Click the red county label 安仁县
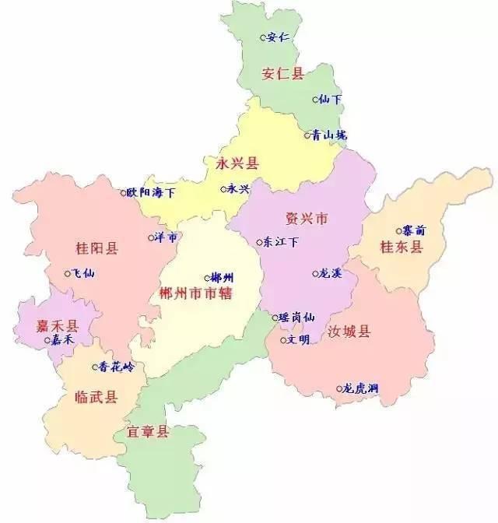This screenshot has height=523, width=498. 283,74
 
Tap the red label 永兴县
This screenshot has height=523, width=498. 237,163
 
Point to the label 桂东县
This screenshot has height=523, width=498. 401,247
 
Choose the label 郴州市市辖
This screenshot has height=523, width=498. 196,293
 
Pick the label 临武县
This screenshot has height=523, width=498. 96,397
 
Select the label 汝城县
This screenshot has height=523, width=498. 349,332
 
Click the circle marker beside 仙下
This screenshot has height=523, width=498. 315,100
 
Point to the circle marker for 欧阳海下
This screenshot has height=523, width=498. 123,192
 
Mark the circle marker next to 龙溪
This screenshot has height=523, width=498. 315,273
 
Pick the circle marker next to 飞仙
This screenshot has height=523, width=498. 68,273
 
